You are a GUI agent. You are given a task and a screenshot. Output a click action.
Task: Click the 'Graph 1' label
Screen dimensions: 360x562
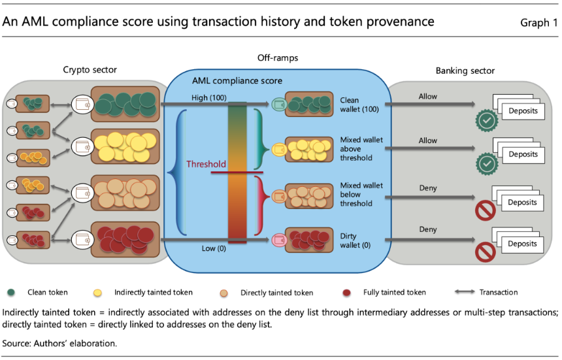539,23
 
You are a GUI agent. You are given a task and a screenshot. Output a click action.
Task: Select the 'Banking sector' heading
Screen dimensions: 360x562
465,71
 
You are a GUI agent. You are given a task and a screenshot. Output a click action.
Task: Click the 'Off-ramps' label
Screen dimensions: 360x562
278,58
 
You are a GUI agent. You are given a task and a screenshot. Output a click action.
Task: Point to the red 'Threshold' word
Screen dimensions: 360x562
207,165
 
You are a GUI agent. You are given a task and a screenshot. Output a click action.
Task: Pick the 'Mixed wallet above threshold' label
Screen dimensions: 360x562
361,148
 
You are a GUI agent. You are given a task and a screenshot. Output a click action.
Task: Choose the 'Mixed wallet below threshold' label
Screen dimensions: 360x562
361,195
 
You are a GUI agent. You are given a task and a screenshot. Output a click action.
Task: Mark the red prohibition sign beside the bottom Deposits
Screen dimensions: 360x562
486,253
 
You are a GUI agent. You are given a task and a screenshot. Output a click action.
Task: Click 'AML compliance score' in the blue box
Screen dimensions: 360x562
237,81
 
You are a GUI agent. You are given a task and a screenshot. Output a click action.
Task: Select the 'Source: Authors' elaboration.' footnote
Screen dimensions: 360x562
59,342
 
